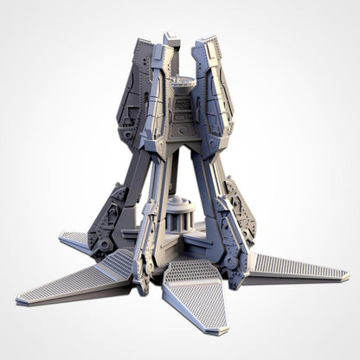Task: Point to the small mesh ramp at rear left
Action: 77,240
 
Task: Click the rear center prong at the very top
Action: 173,38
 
